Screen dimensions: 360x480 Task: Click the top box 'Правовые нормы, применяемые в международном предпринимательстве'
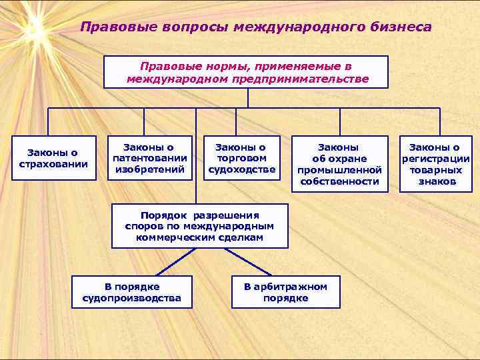(246, 73)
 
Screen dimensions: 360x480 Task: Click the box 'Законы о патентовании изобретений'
(150, 159)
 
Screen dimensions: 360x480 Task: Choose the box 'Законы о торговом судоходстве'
(241, 159)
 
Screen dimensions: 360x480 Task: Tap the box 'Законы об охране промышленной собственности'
(339, 164)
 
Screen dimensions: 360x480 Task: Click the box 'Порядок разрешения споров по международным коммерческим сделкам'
(199, 226)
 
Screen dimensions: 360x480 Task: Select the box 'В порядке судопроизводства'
(131, 292)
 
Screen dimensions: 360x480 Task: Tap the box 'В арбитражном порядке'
(285, 292)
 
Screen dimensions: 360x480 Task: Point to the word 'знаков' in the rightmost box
(437, 181)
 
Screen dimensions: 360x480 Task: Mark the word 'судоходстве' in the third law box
(241, 169)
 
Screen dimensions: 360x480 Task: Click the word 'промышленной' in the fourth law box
(339, 170)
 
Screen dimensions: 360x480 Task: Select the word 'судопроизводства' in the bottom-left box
(131, 298)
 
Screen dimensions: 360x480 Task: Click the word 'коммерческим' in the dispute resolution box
(177, 237)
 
